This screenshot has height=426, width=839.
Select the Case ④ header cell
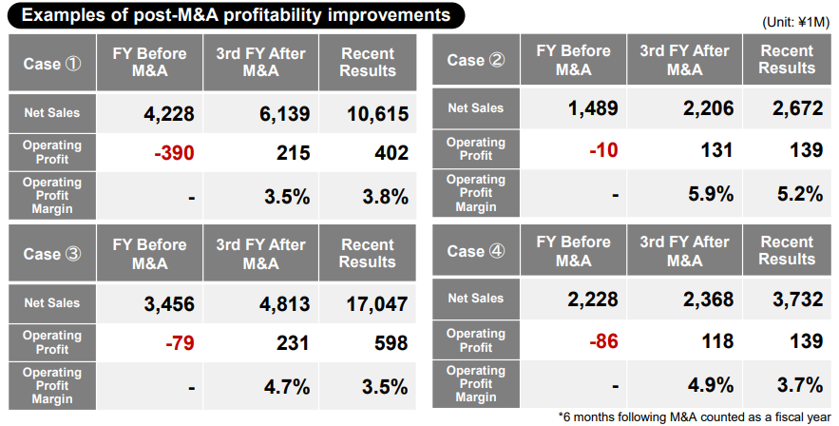472,251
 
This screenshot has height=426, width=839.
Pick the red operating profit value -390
171,153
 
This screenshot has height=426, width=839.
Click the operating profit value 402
391,153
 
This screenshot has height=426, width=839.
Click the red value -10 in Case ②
606,149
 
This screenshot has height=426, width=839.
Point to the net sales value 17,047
372,304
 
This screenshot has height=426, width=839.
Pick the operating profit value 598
391,342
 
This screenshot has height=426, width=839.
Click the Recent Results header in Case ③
367,253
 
